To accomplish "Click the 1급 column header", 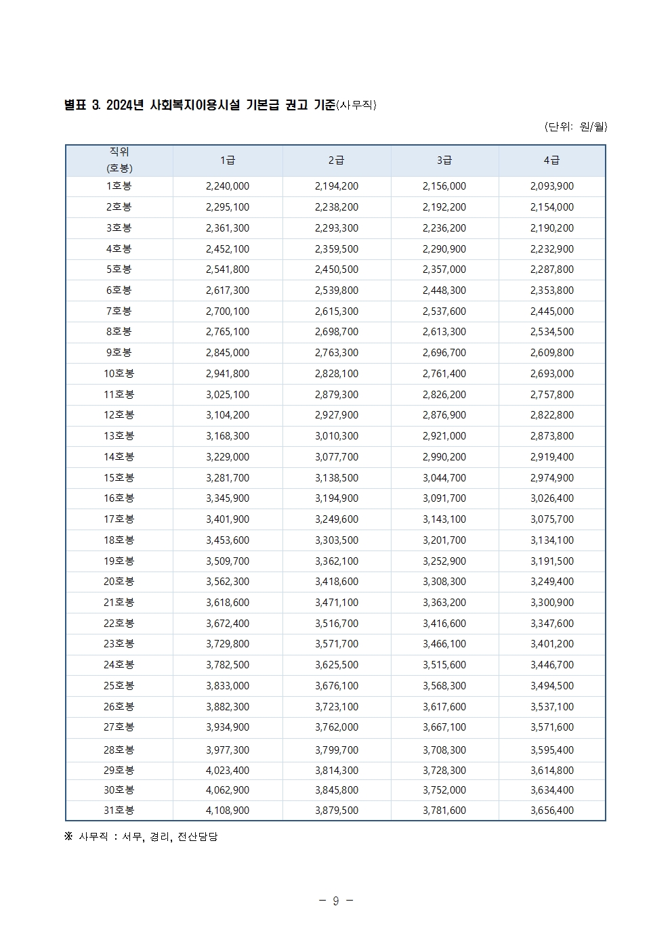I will point(228,160).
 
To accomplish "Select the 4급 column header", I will point(552,160).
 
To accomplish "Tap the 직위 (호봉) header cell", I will point(119,160).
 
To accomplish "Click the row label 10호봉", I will point(119,374).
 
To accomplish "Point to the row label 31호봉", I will point(119,811).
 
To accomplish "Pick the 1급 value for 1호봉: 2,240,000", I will point(228,186).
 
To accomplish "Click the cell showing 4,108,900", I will point(228,811).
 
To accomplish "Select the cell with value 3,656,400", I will point(552,811).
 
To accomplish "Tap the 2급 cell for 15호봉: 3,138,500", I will point(337,478).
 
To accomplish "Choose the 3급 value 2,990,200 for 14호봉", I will point(444,457).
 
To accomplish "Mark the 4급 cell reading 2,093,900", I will point(552,186).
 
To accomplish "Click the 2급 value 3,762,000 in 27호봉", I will point(337,727).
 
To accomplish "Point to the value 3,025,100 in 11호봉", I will point(228,395).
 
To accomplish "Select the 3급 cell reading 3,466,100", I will point(444,644).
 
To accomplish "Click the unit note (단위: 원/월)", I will point(575,127).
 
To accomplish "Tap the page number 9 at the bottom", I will point(336,901).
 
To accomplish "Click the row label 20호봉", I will point(119,582).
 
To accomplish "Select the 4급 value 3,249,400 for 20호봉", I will point(552,582).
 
